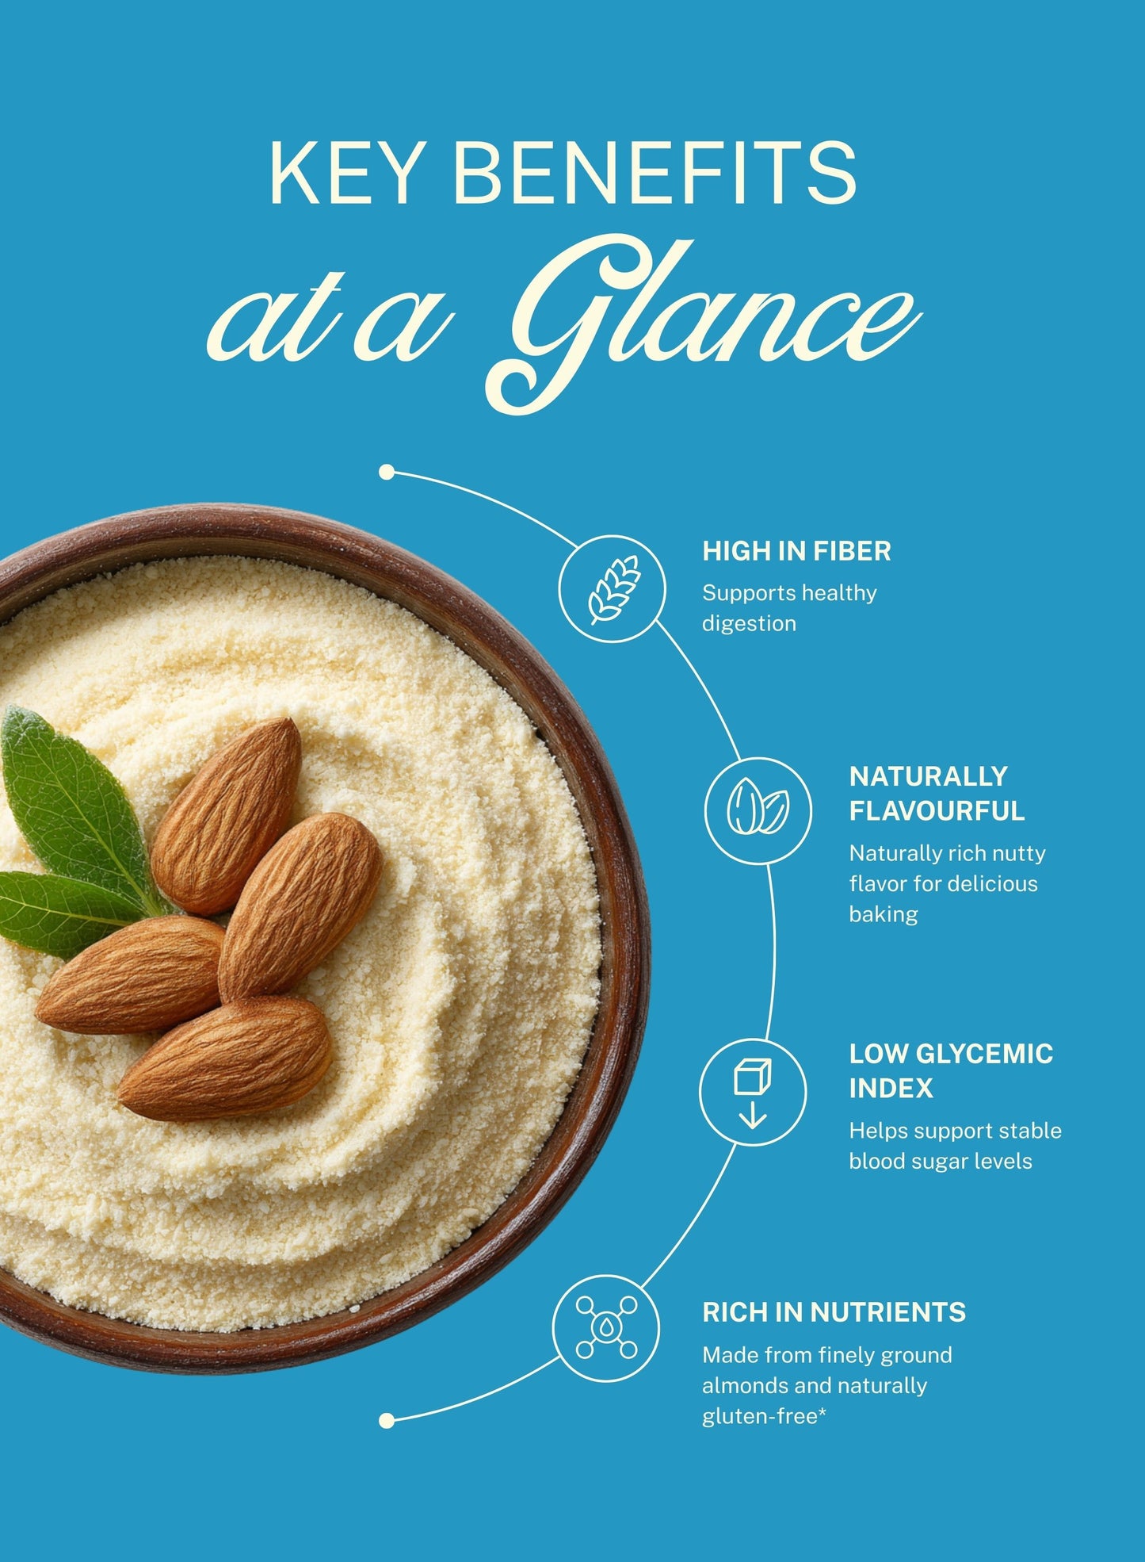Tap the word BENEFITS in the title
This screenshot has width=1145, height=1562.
(x=655, y=173)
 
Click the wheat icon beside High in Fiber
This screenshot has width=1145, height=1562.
(x=613, y=589)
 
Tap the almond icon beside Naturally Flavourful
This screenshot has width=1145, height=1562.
(x=758, y=810)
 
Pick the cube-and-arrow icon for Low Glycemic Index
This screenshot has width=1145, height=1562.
(x=753, y=1092)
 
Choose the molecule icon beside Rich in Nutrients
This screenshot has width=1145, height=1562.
(x=606, y=1327)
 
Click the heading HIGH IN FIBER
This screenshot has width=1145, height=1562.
(x=796, y=551)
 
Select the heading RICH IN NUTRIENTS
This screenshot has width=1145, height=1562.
(x=834, y=1312)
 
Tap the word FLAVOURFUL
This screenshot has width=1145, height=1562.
(x=937, y=811)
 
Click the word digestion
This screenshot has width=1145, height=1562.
(x=749, y=624)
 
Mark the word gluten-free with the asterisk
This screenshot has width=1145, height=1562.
(x=764, y=1416)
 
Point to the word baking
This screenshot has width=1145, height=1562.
(x=884, y=914)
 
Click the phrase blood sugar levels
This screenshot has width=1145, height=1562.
(x=941, y=1161)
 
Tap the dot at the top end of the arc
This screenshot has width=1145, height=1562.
(x=387, y=473)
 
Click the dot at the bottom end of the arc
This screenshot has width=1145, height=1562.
(x=387, y=1421)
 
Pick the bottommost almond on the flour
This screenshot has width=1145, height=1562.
(x=225, y=1059)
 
